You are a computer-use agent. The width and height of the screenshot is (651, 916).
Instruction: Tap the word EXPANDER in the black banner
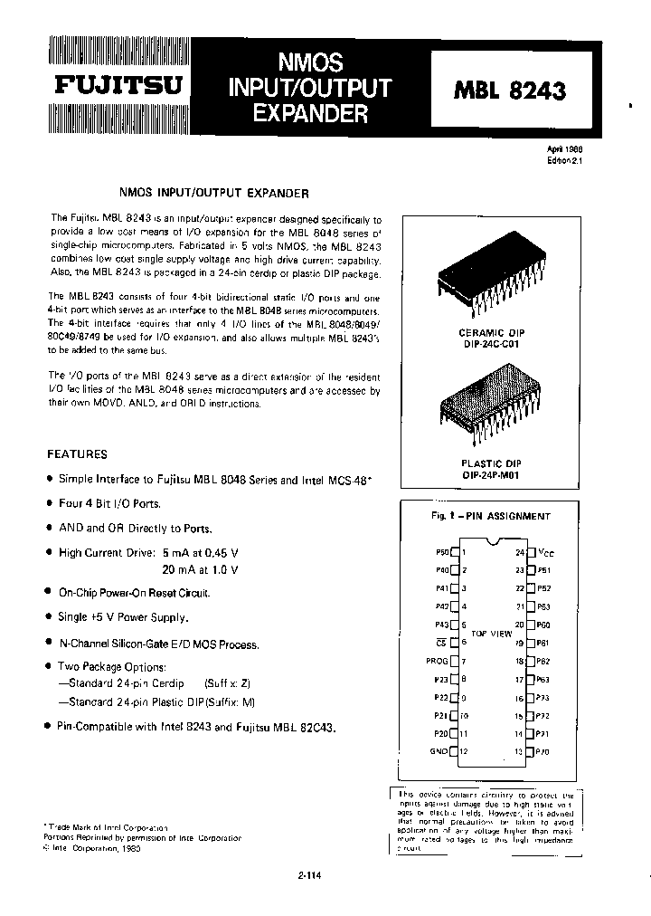310,114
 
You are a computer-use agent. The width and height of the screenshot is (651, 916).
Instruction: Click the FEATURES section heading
77,454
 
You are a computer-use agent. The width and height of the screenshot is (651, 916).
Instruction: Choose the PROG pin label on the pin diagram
438,661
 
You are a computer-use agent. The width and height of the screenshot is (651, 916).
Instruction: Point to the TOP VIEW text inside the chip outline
495,634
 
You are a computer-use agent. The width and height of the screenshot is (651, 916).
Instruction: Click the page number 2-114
308,874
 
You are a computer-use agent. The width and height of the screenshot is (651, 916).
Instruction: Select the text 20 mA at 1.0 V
200,569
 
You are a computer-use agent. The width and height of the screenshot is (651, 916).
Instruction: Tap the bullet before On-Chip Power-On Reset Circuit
48,593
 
